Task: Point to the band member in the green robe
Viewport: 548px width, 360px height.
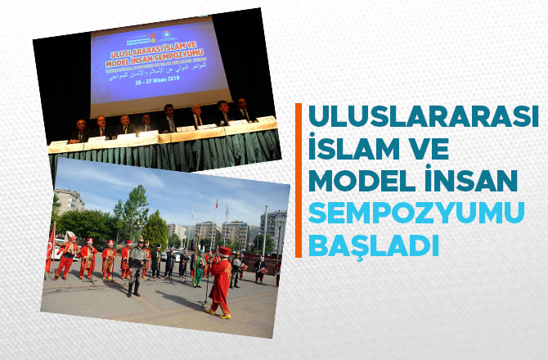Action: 197,267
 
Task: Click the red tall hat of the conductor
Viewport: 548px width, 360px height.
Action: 223,251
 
